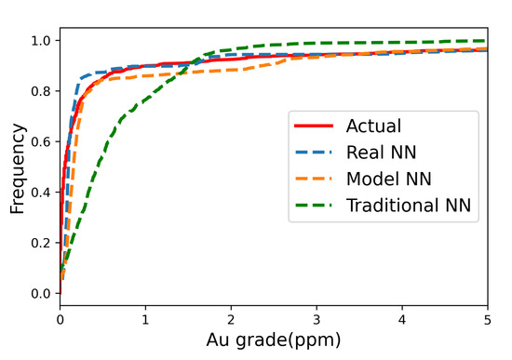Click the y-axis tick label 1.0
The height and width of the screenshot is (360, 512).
point(40,41)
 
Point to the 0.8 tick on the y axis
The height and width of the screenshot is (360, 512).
point(40,91)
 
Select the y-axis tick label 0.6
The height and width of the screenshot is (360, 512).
point(40,141)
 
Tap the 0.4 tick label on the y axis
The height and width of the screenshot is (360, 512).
point(40,192)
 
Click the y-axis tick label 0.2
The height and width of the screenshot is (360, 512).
point(40,242)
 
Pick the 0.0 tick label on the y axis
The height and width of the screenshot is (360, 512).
point(40,293)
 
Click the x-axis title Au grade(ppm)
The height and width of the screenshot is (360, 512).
point(274,341)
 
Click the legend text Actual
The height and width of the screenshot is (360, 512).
point(373,126)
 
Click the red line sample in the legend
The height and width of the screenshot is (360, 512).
point(316,126)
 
